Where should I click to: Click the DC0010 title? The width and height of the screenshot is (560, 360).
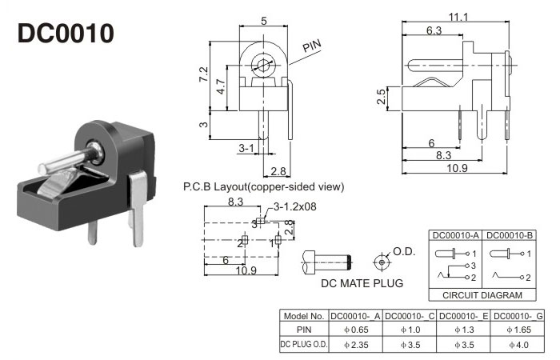pos(66,34)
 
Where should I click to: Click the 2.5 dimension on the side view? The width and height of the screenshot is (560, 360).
pos(382,98)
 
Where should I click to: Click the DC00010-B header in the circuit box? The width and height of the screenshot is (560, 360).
pos(510,235)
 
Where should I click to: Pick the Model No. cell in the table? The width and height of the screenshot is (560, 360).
pos(303,316)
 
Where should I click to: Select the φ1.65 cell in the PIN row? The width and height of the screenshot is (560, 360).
pos(517,330)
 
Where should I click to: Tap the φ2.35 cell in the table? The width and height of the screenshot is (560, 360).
pos(356,345)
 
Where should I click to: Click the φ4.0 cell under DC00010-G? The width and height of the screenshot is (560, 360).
pos(517,345)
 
